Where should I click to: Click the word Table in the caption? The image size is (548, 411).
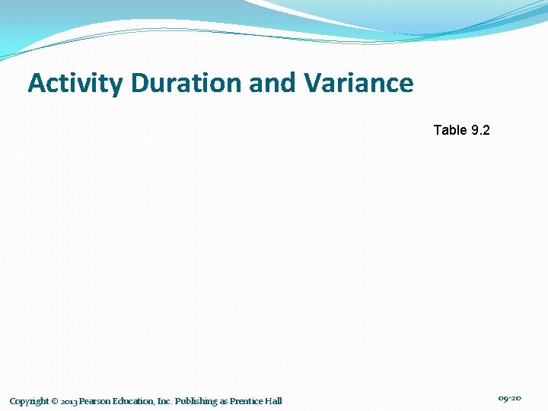450,130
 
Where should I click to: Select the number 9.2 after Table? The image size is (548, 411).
481,130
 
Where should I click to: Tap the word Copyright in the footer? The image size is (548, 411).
29,401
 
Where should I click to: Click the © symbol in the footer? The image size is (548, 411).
55,401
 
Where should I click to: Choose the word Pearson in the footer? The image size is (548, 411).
96,401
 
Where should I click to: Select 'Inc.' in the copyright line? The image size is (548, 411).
164,401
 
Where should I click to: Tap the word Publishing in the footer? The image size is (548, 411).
196,401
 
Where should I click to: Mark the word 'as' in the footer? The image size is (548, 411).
224,401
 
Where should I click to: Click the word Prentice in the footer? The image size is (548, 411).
247,401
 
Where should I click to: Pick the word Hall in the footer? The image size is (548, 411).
274,401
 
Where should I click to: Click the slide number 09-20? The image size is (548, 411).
509,399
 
